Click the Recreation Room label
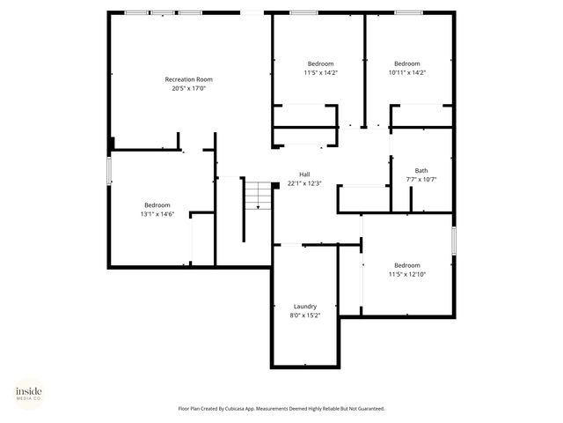tap(189, 79)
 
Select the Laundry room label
tap(305, 306)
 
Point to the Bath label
tap(421, 170)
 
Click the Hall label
tap(304, 174)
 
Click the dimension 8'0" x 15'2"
tap(305, 315)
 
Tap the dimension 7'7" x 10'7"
tap(421, 179)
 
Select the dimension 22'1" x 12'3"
tap(304, 183)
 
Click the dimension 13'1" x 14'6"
tap(157, 214)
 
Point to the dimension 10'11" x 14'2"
tap(407, 72)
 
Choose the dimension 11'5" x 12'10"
tap(407, 274)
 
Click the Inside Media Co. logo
tap(28, 392)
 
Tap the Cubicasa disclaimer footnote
tap(281, 409)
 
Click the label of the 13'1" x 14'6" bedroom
tap(157, 205)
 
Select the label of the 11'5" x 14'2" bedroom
tap(320, 63)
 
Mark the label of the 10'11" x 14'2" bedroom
tap(407, 63)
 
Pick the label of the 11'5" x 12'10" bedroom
tap(407, 265)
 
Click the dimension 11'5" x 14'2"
tap(320, 72)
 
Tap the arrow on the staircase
tap(258, 206)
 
